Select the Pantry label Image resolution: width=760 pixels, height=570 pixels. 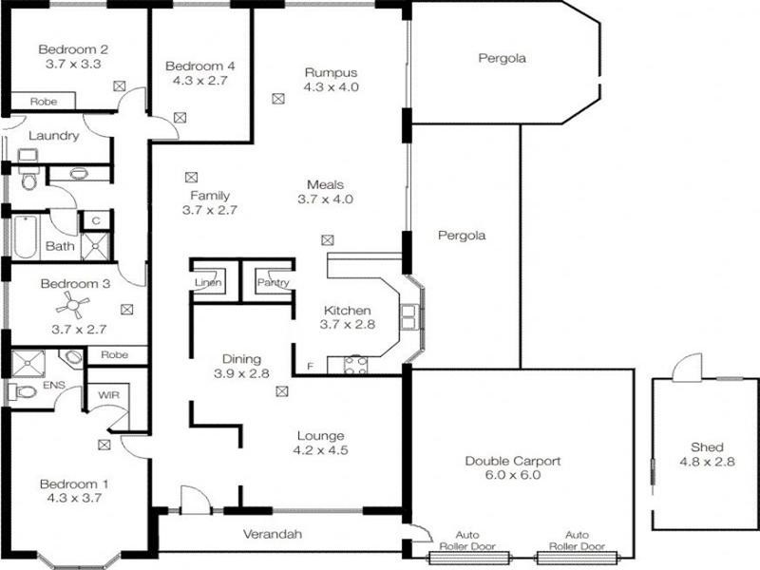point(274,283)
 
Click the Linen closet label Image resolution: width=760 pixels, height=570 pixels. point(207,283)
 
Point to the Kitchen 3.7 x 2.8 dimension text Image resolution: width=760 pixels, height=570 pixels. point(347,325)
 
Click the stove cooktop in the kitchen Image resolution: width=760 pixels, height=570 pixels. point(355,365)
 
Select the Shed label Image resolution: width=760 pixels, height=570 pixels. point(707,447)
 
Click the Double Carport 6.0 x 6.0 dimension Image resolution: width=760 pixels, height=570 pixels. point(513,475)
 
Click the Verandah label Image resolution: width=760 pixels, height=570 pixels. point(274,535)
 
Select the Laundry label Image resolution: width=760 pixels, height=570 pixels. point(53,136)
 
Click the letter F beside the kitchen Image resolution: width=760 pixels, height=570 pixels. point(309,366)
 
